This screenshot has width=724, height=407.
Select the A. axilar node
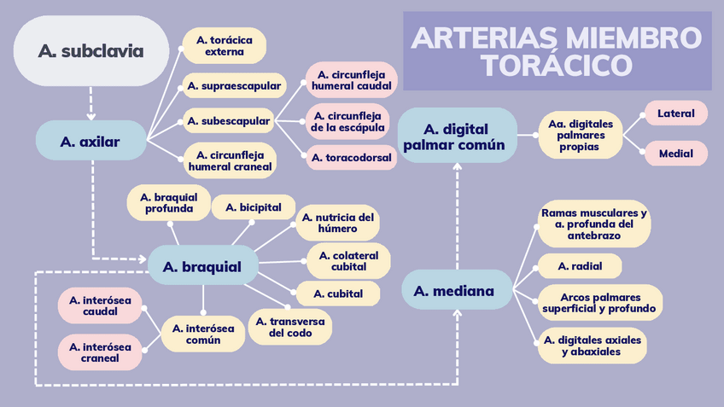90,142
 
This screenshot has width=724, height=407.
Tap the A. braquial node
202,266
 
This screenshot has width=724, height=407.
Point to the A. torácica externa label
225,45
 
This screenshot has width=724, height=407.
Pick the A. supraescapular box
224,85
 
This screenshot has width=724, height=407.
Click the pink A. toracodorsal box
352,158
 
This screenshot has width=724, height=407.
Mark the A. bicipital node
254,207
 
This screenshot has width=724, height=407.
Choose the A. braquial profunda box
169,202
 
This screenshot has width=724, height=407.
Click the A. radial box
579,266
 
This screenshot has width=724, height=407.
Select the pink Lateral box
675,113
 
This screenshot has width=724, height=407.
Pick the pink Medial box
675,154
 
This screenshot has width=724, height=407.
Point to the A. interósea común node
203,334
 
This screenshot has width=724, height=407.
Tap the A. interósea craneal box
100,352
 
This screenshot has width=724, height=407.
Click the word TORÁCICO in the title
556,64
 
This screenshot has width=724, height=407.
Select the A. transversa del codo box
290,327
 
